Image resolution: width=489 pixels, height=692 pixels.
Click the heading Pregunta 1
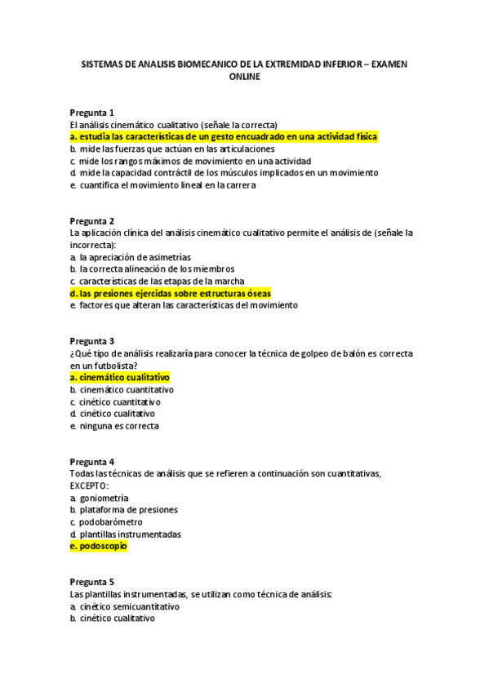[x=91, y=112]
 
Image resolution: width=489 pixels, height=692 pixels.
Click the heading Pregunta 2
[x=91, y=220]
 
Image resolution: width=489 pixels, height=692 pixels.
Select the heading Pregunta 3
[x=91, y=340]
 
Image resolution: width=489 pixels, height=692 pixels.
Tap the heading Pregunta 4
[x=91, y=461]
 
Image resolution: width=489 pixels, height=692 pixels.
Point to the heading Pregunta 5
[x=91, y=582]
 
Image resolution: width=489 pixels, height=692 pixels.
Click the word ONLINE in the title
[x=245, y=77]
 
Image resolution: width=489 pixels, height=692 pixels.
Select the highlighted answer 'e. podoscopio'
[x=98, y=546]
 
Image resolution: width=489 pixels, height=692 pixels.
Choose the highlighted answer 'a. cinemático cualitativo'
[x=120, y=377]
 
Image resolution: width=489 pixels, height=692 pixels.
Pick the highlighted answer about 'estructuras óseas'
[x=171, y=293]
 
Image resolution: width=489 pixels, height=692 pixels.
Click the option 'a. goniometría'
[x=99, y=498]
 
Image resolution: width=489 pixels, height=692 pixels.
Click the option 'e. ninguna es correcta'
[x=114, y=426]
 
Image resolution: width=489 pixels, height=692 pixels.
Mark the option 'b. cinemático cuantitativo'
[x=122, y=389]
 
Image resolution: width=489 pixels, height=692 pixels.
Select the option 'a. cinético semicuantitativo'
[x=124, y=606]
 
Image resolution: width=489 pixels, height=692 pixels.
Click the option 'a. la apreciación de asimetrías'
[x=130, y=256]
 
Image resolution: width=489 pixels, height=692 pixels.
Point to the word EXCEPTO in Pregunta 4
[x=88, y=486]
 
